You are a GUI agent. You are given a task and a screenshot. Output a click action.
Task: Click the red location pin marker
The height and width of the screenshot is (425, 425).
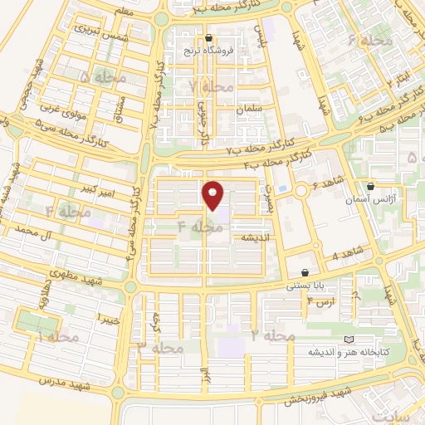point(214,196)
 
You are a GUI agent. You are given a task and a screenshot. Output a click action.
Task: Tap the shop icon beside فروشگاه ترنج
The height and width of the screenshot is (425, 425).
point(208,38)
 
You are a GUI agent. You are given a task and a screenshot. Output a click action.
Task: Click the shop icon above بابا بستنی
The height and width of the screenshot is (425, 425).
point(305,272)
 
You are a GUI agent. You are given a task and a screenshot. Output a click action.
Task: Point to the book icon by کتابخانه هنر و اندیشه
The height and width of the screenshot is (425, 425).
point(348,340)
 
